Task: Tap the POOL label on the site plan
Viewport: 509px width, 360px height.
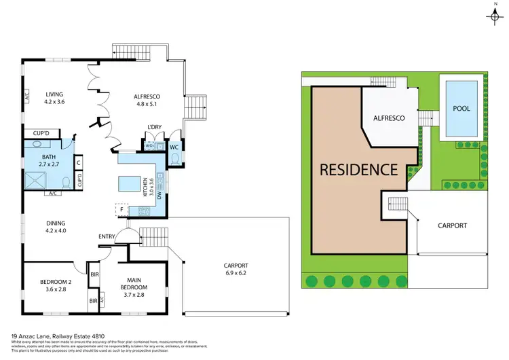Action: (461, 108)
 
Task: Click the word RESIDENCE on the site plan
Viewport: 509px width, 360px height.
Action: (358, 169)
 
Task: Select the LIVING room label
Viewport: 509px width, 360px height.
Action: (54, 95)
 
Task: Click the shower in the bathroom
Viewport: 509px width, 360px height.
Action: (38, 181)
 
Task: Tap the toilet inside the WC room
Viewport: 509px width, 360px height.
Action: (174, 158)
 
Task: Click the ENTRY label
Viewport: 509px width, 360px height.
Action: (107, 236)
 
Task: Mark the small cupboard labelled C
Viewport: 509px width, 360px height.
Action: (79, 162)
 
